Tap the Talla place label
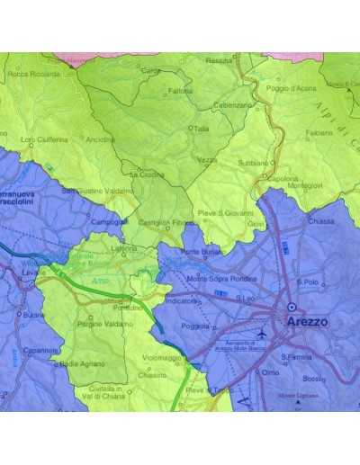coord(202,129)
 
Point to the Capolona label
coord(283,178)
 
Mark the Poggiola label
coord(194,327)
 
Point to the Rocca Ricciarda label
coord(33,75)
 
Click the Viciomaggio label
coord(162,357)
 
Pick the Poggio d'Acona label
coord(290,88)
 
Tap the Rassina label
coord(219,60)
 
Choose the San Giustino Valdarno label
coord(97,191)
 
